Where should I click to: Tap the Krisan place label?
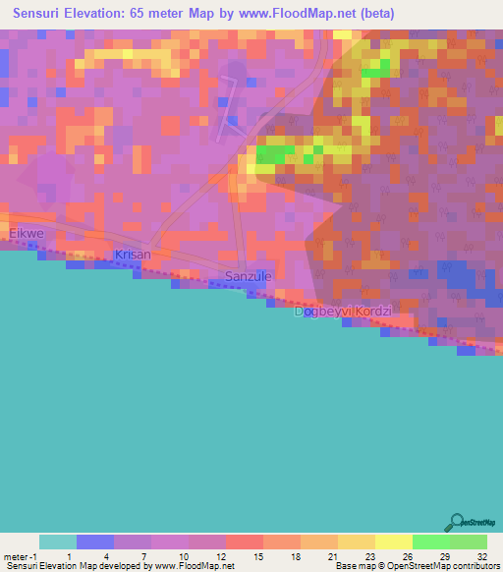pyautogui.click(x=133, y=255)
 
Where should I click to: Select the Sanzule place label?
pyautogui.click(x=248, y=277)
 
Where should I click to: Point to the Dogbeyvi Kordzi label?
pyautogui.click(x=344, y=312)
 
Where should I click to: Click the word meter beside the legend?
pyautogui.click(x=17, y=557)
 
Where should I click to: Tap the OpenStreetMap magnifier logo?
pyautogui.click(x=456, y=522)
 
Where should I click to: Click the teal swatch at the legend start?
pyautogui.click(x=57, y=542)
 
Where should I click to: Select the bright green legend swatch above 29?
pyautogui.click(x=430, y=542)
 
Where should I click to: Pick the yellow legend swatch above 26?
pyautogui.click(x=393, y=542)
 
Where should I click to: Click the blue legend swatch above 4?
pyautogui.click(x=94, y=542)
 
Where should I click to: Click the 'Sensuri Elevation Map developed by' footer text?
pyautogui.click(x=77, y=566)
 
